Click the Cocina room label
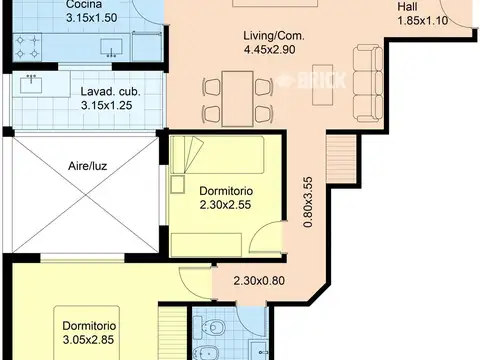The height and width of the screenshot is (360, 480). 84,4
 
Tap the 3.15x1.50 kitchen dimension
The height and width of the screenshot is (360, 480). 92,18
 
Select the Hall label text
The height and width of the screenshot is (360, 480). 407,7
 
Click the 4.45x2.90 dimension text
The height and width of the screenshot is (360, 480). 269,50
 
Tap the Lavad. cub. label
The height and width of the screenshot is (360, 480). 110,92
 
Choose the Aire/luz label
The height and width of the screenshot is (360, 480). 87,166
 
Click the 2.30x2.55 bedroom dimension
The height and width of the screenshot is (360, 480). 225,205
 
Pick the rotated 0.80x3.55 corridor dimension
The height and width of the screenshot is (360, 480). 308,202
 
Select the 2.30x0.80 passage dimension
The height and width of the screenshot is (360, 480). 259,281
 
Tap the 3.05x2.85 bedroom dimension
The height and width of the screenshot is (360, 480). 88,340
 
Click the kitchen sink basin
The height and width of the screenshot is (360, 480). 111,47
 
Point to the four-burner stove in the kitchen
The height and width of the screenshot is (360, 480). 27,47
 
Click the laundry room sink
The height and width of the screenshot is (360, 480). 31,84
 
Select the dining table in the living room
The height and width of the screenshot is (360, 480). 238,99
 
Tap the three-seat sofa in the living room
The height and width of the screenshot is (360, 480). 368,83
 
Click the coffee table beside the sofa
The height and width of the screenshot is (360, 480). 323,85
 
